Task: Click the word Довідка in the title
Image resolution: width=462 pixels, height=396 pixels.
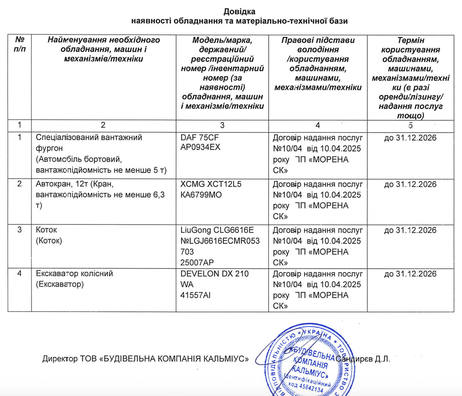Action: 239,12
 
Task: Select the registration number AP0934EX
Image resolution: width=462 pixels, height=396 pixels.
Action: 200,147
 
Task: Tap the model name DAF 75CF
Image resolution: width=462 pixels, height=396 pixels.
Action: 199,137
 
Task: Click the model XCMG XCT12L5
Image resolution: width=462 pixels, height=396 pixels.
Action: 211,184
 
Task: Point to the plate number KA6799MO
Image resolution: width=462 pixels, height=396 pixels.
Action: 201,195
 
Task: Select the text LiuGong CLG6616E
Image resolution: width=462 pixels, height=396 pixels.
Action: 217,230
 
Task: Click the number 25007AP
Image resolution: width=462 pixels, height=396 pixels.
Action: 197,263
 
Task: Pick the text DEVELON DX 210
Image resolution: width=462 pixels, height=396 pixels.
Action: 214,273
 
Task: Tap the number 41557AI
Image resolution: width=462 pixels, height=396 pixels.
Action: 195,295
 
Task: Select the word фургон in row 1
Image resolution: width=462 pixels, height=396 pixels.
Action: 49,148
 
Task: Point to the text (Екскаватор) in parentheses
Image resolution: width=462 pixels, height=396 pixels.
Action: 60,284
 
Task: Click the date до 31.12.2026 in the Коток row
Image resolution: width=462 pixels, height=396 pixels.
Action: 410,230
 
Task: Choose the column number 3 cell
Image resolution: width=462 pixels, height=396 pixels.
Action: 222,125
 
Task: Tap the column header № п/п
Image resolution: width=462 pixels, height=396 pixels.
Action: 20,44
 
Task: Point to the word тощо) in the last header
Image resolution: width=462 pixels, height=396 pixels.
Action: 410,116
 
